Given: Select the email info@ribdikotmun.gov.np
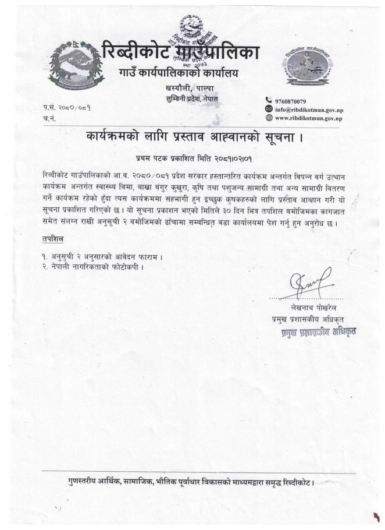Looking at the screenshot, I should pyautogui.click(x=308, y=109).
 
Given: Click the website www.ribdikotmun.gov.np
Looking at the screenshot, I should pyautogui.click(x=308, y=118).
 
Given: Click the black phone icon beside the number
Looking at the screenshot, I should pyautogui.click(x=269, y=101).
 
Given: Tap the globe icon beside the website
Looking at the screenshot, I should pyautogui.click(x=269, y=118).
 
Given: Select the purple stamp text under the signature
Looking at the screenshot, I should pyautogui.click(x=317, y=331).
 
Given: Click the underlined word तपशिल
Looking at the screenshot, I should pyautogui.click(x=54, y=240).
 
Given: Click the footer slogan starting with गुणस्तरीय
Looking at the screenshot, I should pyautogui.click(x=192, y=483).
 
